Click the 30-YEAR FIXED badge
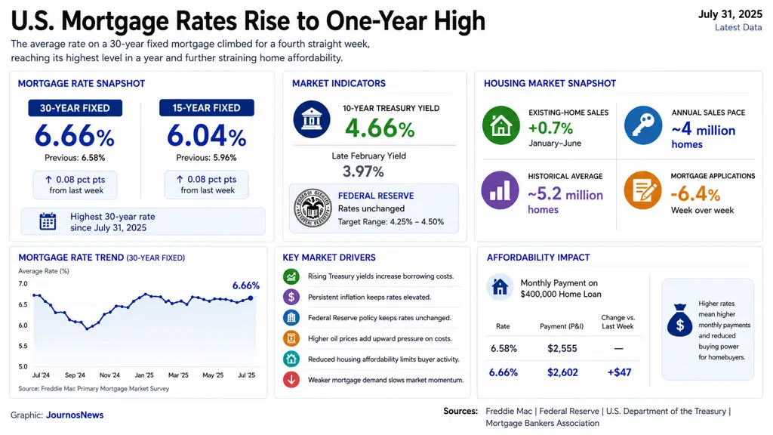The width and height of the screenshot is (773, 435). tap(75, 108)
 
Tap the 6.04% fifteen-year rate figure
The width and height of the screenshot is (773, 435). tap(207, 136)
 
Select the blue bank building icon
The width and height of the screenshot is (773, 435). tap(312, 119)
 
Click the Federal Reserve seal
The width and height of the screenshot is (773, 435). tap(313, 208)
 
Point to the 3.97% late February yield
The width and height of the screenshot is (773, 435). tap(363, 171)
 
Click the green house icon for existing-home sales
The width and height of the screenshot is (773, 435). tap(501, 125)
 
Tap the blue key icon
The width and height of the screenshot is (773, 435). tap(643, 125)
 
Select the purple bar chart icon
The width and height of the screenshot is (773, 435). tap(500, 190)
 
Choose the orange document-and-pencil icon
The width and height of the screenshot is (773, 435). tap(642, 190)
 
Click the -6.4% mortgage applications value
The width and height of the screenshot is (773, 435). tap(695, 194)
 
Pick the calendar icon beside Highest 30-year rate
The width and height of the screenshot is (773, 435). tap(48, 221)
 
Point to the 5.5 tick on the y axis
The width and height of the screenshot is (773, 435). tap(23, 346)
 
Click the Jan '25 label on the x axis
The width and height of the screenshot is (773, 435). tap(144, 375)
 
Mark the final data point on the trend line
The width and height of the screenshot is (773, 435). tap(251, 298)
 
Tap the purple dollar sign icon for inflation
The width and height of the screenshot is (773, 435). tap(291, 297)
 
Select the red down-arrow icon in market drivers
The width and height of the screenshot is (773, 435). tap(291, 380)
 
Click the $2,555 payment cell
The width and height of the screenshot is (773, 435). tap(562, 349)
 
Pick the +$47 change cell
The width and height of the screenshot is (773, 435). tap(619, 372)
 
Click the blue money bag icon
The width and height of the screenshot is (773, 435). tap(680, 320)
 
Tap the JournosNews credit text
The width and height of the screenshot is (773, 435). tap(75, 415)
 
